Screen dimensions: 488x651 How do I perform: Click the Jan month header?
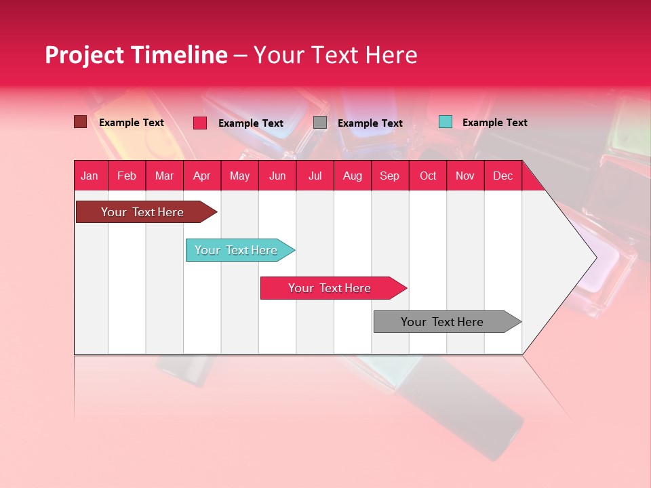pyautogui.click(x=90, y=176)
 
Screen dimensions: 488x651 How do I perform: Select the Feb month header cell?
pyautogui.click(x=127, y=176)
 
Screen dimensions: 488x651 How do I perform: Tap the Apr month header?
pyautogui.click(x=202, y=176)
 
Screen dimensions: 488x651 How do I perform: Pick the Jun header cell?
pyautogui.click(x=277, y=176)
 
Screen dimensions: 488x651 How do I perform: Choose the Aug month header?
pyautogui.click(x=353, y=176)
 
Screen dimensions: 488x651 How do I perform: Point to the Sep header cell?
pyautogui.click(x=390, y=176)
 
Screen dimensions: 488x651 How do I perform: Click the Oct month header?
pyautogui.click(x=428, y=176)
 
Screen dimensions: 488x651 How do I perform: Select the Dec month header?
pyautogui.click(x=503, y=176)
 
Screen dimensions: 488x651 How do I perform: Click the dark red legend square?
pyautogui.click(x=80, y=122)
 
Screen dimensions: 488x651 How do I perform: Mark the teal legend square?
pyautogui.click(x=445, y=122)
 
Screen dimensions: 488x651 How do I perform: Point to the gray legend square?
pyautogui.click(x=320, y=123)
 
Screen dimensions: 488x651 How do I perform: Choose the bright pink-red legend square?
pyautogui.click(x=200, y=123)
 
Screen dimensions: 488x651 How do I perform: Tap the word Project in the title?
pyautogui.click(x=84, y=55)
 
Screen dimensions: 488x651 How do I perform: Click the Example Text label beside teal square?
pyautogui.click(x=494, y=123)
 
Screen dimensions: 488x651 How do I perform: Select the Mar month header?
pyautogui.click(x=164, y=176)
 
